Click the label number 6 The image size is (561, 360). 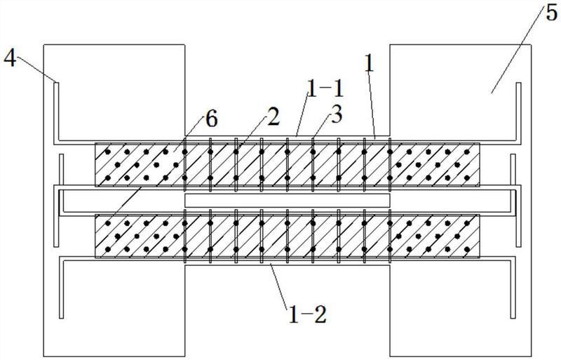click(212, 119)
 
